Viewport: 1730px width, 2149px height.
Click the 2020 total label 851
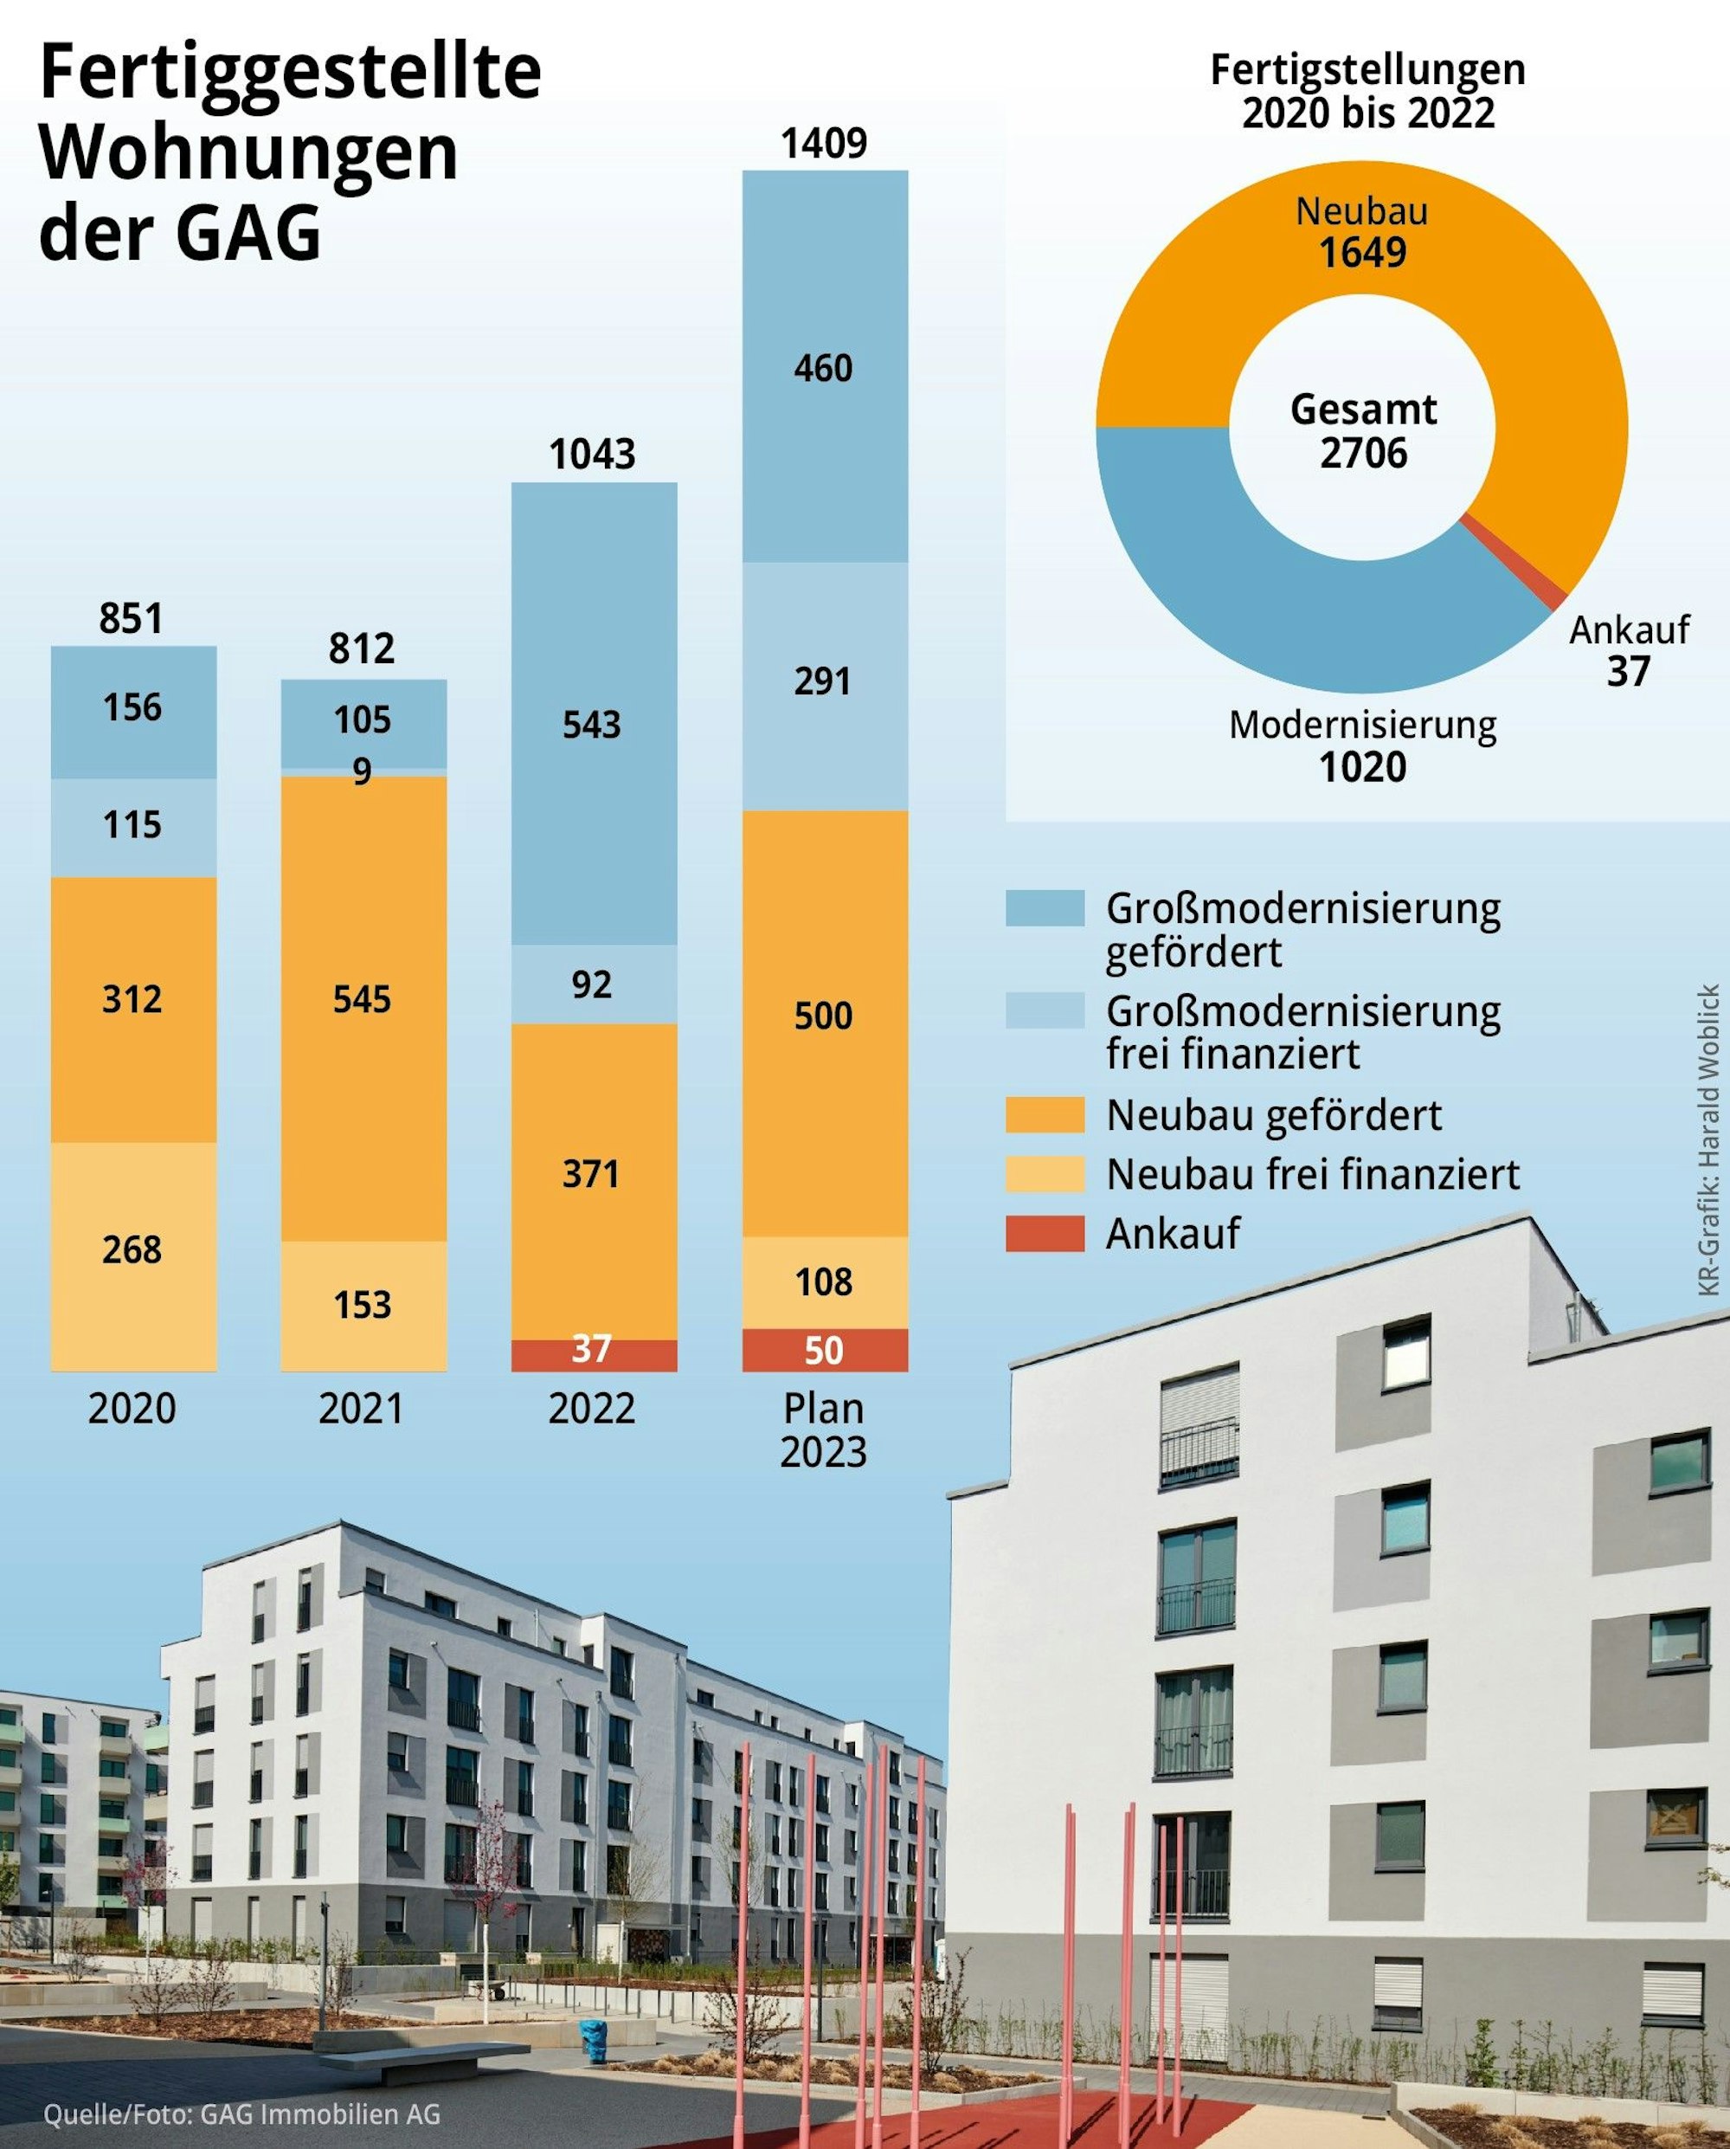pos(131,619)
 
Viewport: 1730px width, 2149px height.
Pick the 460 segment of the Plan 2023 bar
pos(824,367)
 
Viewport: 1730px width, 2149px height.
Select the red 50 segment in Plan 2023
pos(824,1350)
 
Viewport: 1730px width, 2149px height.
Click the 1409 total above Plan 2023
pos(824,144)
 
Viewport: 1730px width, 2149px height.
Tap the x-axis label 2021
pos(362,1410)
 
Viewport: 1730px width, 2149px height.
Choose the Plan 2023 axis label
pos(823,1430)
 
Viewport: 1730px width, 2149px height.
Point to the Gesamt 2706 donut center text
pos(1363,430)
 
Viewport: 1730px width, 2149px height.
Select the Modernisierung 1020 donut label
pos(1362,746)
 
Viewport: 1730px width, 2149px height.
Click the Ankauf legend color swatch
pos(1044,1233)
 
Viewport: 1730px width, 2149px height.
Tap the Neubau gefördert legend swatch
pos(1044,1114)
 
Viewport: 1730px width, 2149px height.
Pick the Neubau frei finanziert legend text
pos(1313,1174)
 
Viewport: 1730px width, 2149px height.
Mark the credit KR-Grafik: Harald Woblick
pos(1708,1140)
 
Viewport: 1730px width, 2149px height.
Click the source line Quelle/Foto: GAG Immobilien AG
pos(241,2114)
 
